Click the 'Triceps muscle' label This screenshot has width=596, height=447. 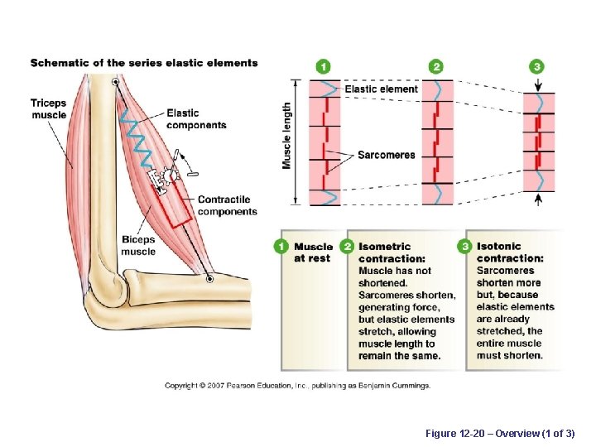click(48, 108)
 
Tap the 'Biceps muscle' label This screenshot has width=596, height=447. click(138, 246)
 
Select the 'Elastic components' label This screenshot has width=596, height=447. click(195, 119)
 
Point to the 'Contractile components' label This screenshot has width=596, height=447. click(227, 205)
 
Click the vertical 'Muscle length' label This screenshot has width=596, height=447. click(287, 136)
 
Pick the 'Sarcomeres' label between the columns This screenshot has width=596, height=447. click(387, 155)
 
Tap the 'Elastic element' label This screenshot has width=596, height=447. click(381, 89)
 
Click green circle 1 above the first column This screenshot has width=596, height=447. click(323, 66)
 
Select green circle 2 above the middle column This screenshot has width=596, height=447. click(437, 66)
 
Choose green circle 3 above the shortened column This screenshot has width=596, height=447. click(538, 66)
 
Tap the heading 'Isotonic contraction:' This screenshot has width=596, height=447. click(510, 252)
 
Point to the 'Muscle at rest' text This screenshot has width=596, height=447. click(313, 252)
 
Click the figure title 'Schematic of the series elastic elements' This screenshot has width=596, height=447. click(144, 63)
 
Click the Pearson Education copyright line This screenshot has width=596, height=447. click(297, 386)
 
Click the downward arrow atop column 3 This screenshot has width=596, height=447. click(538, 84)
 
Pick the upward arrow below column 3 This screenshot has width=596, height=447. click(538, 199)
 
